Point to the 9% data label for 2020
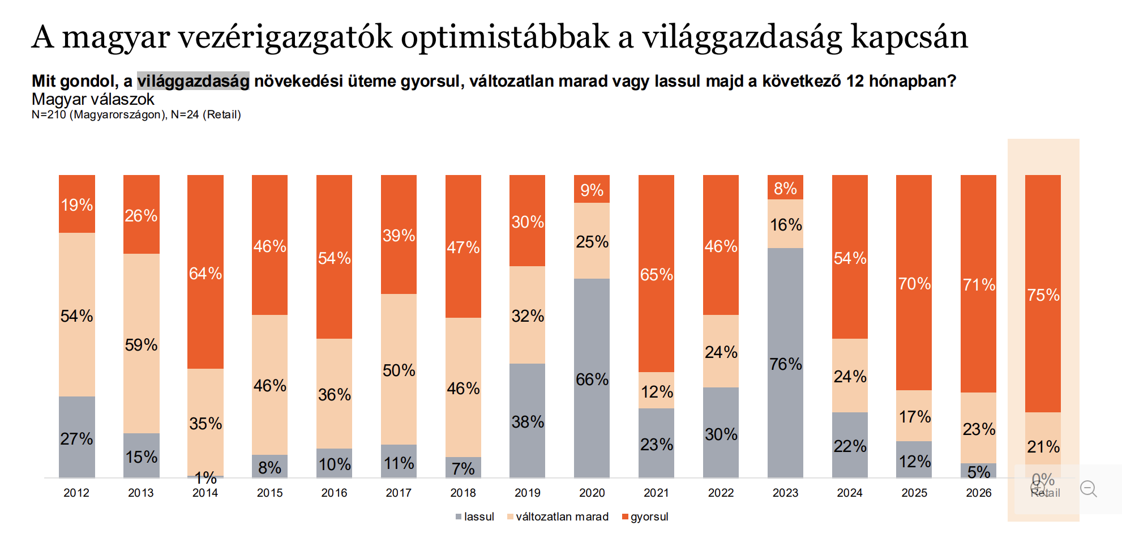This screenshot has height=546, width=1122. (592, 190)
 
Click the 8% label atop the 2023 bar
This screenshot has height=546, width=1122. (785, 188)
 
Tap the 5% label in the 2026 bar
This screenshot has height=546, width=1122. (979, 471)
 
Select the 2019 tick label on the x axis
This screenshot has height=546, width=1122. (528, 493)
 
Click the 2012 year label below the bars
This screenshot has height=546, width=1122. (76, 493)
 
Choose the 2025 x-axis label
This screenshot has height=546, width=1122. (914, 493)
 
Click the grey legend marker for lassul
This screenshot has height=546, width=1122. (459, 517)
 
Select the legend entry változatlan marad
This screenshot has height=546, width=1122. (562, 517)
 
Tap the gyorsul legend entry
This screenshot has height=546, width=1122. (649, 517)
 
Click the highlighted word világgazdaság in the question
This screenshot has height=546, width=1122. (193, 81)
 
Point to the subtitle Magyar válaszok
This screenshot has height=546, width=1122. (93, 99)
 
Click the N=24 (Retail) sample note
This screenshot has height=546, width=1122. (206, 114)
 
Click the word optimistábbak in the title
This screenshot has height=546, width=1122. (505, 37)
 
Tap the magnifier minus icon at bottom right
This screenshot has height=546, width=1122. (1088, 488)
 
